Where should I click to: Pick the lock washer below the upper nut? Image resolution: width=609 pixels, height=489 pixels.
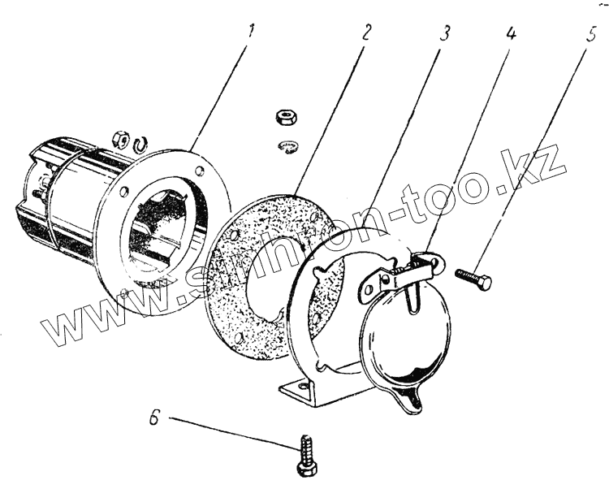point(288,145)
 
